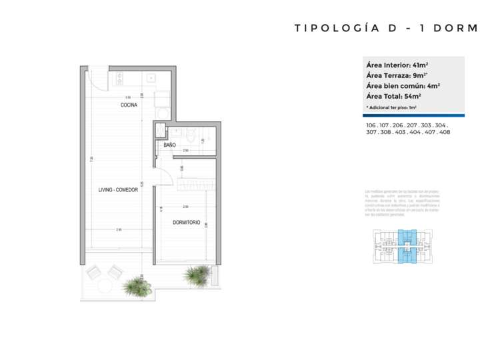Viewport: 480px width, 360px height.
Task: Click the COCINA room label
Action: click(129, 105)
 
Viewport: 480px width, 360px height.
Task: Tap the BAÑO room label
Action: click(169, 145)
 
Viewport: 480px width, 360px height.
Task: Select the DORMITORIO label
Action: click(187, 222)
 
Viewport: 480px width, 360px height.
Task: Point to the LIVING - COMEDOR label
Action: click(118, 190)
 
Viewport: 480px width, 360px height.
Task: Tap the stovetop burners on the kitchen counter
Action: click(119, 79)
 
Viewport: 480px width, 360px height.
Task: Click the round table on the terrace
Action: click(105, 286)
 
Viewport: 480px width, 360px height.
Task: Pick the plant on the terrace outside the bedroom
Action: click(197, 274)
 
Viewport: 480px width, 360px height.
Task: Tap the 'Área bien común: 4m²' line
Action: click(403, 86)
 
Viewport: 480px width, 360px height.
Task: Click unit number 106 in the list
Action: click(371, 125)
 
